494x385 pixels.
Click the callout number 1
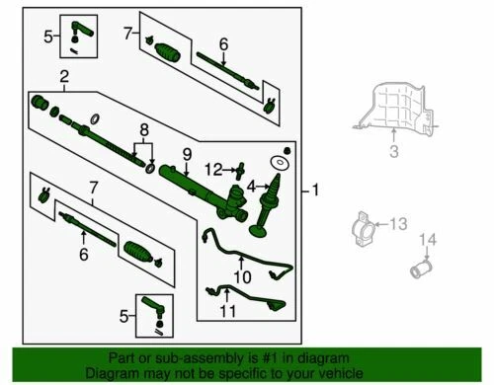click(315, 191)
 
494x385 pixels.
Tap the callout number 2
click(64, 76)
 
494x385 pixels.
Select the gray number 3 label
click(394, 151)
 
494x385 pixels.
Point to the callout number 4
click(251, 187)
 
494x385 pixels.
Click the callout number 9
click(187, 154)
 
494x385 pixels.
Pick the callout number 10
click(242, 276)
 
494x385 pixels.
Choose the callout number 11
click(228, 311)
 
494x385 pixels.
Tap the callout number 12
click(213, 170)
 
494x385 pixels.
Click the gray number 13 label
click(399, 224)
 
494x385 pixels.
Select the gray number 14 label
click(428, 240)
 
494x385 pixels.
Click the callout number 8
click(144, 130)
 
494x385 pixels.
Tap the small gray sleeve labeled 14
click(421, 269)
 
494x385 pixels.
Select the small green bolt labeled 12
click(240, 170)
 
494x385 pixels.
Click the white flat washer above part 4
click(280, 163)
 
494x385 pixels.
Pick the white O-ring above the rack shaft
click(95, 118)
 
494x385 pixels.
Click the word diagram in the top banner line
click(319, 358)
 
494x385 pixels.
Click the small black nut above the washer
click(287, 150)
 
